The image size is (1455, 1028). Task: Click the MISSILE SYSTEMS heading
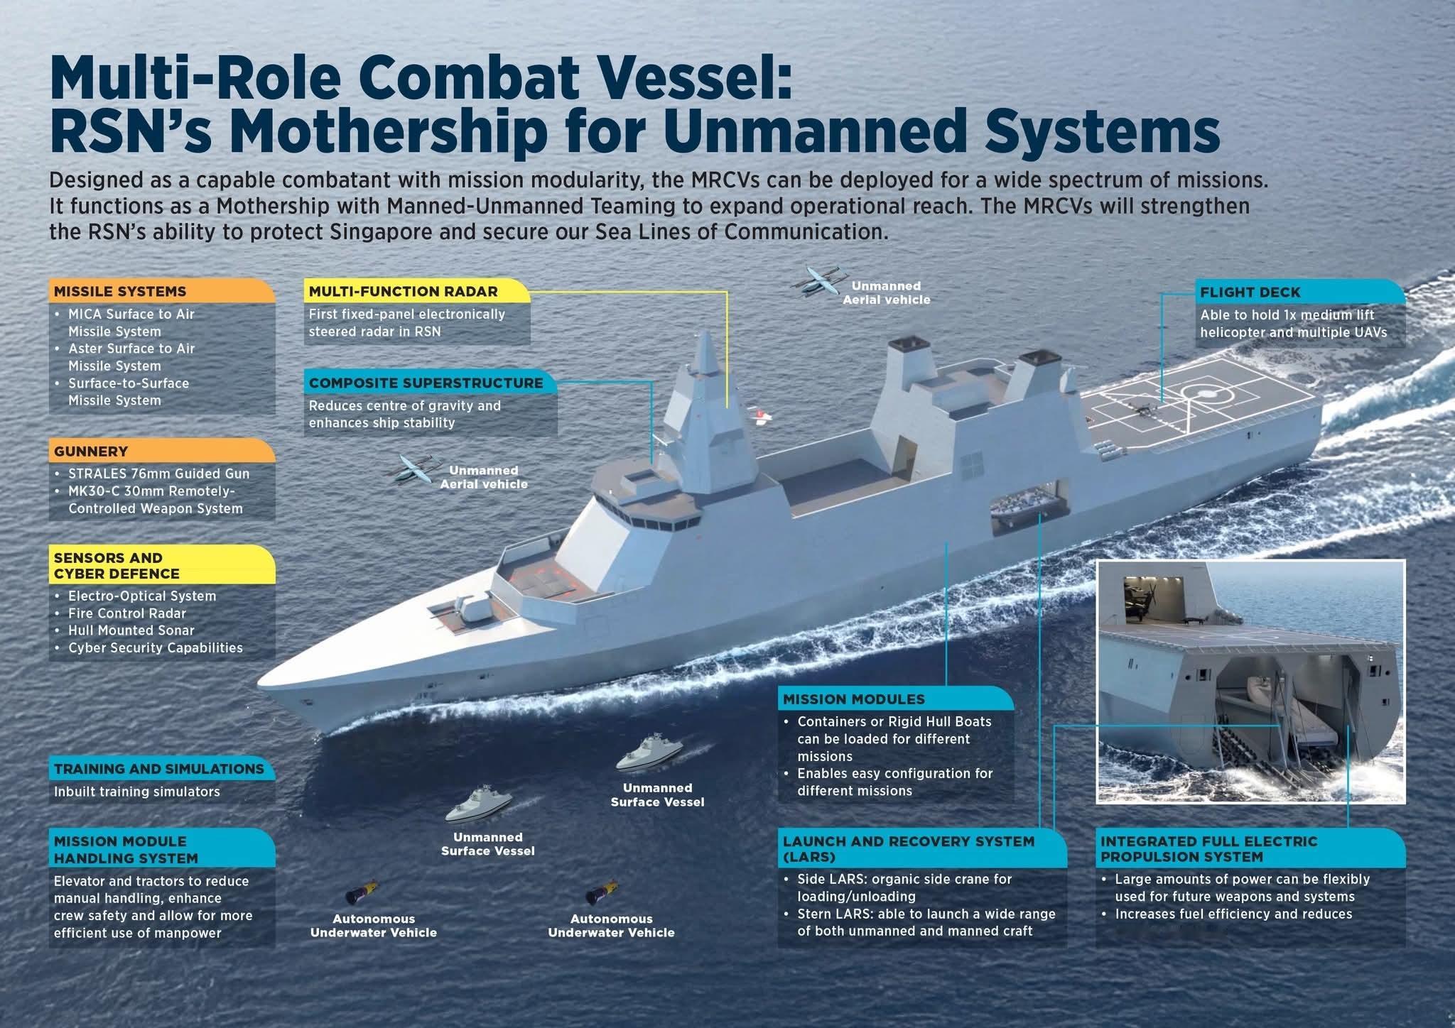point(120,292)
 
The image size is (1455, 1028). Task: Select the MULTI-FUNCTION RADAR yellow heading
point(403,292)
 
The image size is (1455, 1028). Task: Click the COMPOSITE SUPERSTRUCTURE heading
point(425,383)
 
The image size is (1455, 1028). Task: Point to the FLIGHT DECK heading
point(1250,292)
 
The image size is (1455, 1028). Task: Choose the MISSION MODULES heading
point(853,699)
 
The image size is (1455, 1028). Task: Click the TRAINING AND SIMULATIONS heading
point(158,769)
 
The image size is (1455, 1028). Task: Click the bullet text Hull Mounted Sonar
point(131,630)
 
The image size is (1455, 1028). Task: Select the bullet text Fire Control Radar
point(126,613)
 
